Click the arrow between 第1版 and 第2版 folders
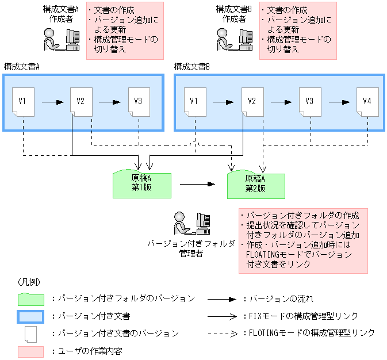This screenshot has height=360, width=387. pyautogui.click(x=197, y=185)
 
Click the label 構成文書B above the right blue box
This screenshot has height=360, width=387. pyautogui.click(x=192, y=67)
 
